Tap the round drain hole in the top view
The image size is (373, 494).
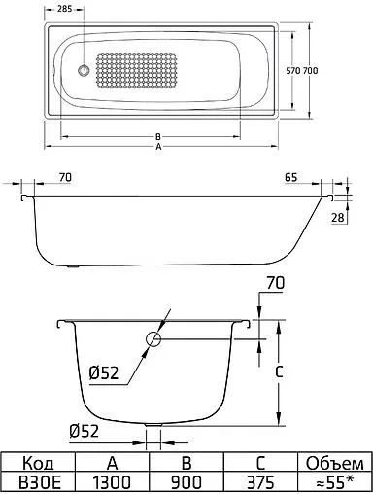(84, 71)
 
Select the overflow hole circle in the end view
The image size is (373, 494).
(154, 339)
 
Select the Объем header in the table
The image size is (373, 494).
(334, 462)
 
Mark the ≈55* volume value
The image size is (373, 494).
(334, 481)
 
